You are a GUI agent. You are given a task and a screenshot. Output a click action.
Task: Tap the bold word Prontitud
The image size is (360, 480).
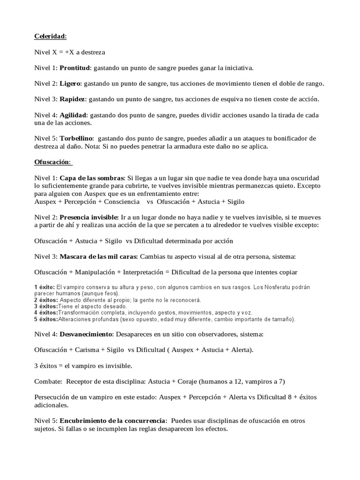(x=75, y=68)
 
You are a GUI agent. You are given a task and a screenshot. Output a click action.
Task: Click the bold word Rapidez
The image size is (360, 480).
(x=72, y=100)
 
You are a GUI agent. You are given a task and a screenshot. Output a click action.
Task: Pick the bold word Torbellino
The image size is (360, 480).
(x=77, y=139)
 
